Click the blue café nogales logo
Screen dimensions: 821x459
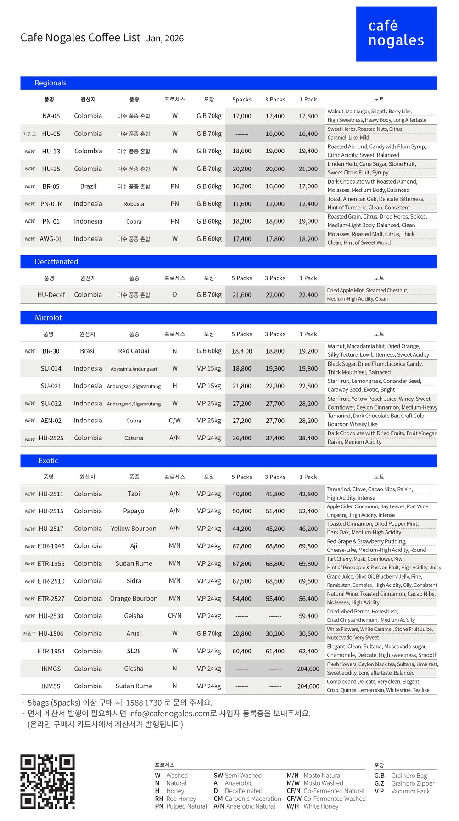pos(396,34)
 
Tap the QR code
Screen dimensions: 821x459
pos(47,781)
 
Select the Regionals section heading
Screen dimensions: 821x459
pos(50,83)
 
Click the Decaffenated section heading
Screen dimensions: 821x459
pos(56,262)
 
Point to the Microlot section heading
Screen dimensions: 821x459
pos(48,318)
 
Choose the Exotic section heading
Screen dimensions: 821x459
pos(48,461)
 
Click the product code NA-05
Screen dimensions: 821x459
pos(51,116)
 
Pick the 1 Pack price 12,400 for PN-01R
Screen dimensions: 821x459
pos(308,204)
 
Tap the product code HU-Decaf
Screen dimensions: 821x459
pos(51,295)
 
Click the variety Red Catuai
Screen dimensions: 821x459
pos(134,351)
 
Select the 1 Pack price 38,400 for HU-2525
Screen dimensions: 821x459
pos(308,438)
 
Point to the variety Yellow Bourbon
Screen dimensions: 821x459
pos(134,529)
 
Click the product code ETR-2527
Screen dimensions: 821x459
pos(51,599)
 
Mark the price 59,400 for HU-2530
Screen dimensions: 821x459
pos(308,616)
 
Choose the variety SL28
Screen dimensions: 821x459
pos(134,651)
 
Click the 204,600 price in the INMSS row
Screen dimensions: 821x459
pos(308,686)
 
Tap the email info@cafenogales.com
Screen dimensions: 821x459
pos(168,713)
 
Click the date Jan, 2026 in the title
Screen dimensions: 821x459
pos(165,39)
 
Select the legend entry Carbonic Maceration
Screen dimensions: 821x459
pos(252,799)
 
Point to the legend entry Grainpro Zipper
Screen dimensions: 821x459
pos(412,783)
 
